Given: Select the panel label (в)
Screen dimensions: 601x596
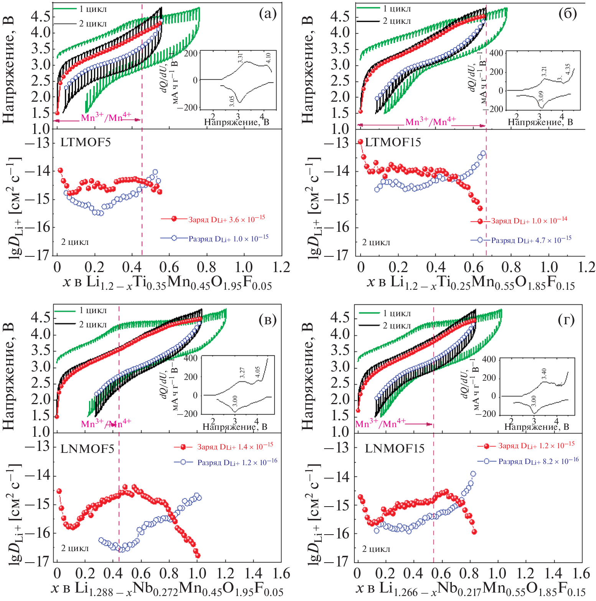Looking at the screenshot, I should click(x=267, y=320).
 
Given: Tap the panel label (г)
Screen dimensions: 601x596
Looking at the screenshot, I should click(x=566, y=320).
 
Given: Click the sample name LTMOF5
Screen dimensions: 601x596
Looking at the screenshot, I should click(x=86, y=142).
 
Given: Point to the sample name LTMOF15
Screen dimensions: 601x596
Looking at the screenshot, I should click(x=393, y=142).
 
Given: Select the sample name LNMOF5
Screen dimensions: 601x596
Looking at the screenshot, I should click(x=87, y=449).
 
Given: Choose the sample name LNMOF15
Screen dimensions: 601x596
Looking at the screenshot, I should click(x=395, y=448).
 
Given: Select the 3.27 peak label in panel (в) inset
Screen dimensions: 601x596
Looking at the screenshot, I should click(x=242, y=373).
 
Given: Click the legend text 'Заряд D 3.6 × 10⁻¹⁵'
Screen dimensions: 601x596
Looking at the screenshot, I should click(x=226, y=220).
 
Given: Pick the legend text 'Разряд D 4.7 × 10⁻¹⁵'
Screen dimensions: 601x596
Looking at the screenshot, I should click(x=531, y=240).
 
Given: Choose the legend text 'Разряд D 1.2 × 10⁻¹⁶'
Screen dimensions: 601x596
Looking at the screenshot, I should click(x=237, y=462).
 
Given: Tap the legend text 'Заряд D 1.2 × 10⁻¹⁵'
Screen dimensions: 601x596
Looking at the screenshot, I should click(x=536, y=446).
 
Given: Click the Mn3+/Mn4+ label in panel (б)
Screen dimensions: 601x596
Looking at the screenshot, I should click(x=430, y=122).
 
